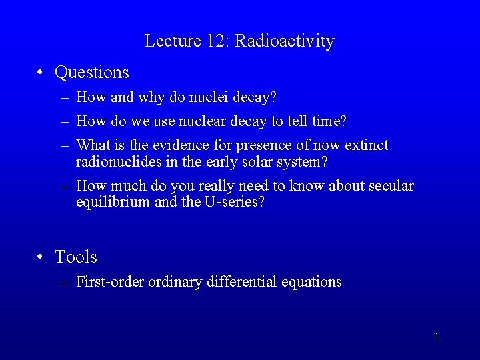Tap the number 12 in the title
pyautogui.click(x=215, y=41)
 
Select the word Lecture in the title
pyautogui.click(x=173, y=41)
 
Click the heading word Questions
pyautogui.click(x=92, y=72)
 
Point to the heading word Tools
pyautogui.click(x=76, y=257)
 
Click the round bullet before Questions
pyautogui.click(x=41, y=72)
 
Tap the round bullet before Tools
pyautogui.click(x=41, y=257)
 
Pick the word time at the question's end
pyautogui.click(x=328, y=121)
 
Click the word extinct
pyautogui.click(x=367, y=145)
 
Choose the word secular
pyautogui.click(x=391, y=186)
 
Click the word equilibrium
pyautogui.click(x=113, y=202)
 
